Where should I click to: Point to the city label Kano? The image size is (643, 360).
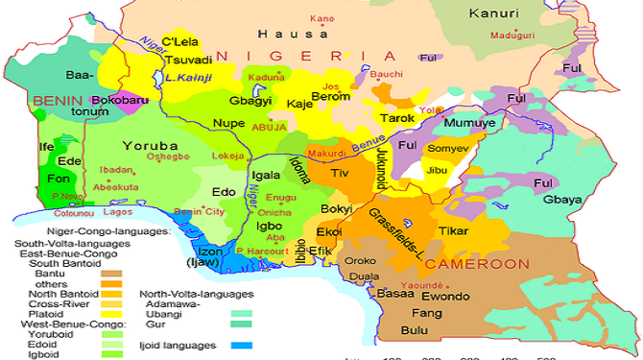pos(322,18)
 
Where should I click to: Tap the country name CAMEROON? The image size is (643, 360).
pos(477,263)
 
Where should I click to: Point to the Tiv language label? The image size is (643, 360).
pos(340,174)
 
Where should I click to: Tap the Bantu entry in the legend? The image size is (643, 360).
pos(34,274)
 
